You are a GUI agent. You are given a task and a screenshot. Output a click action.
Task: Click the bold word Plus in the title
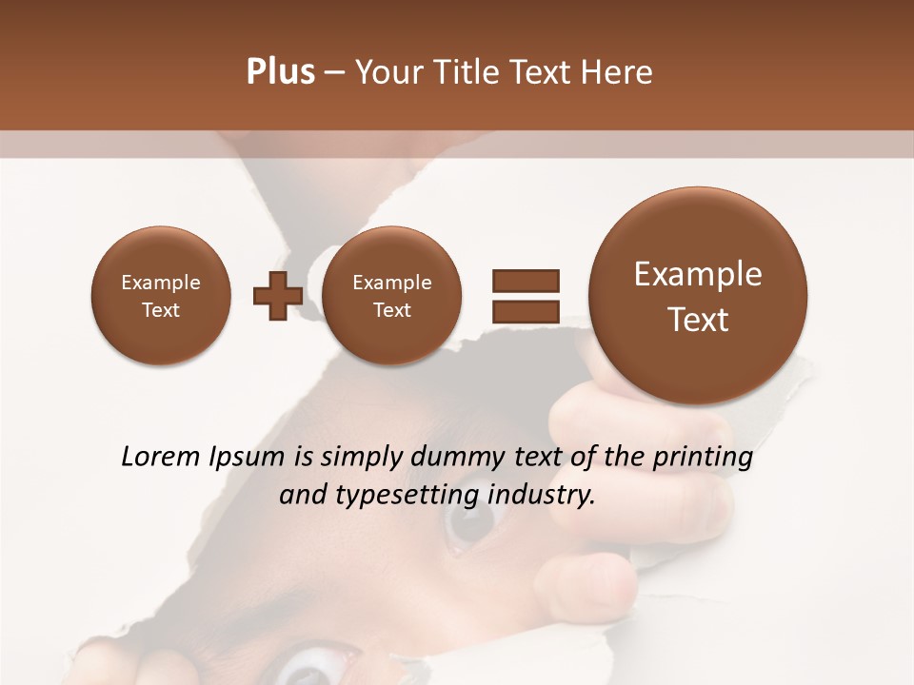280,72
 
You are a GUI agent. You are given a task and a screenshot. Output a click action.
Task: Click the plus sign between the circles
277,296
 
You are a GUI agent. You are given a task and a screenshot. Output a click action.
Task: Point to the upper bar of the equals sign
526,281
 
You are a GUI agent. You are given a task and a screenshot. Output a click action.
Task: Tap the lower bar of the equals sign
526,311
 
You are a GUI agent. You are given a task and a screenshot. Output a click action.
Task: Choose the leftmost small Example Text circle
161,296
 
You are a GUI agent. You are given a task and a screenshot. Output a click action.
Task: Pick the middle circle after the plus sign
392,296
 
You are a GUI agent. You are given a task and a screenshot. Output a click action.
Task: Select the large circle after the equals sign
698,296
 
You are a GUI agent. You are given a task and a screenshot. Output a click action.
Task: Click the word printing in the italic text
703,458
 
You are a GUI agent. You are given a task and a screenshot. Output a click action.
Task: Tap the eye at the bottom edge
310,669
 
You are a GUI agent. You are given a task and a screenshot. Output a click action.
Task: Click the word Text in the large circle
698,320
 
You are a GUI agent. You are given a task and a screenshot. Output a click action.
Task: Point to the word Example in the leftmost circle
161,283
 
